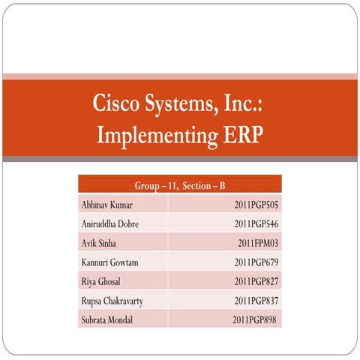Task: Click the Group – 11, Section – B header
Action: (179, 184)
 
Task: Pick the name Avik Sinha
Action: (100, 243)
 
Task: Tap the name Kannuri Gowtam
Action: (109, 262)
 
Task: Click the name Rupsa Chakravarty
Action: (112, 301)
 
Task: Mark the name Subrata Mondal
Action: (107, 321)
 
